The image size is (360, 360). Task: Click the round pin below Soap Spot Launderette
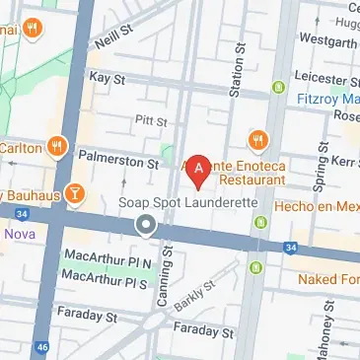[146, 227]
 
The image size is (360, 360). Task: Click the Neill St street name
[114, 40]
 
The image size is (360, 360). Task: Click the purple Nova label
[19, 234]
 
